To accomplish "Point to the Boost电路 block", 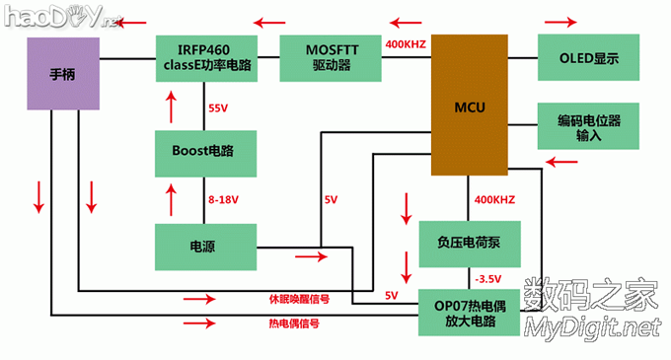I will tap(206, 153).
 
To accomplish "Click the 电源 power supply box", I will tap(206, 246).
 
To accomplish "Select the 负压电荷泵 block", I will tap(470, 241).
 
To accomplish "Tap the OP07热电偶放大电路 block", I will tap(470, 312).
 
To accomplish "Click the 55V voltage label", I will tap(219, 108).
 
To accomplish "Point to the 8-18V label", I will tap(222, 199).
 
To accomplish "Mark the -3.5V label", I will tap(488, 276).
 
